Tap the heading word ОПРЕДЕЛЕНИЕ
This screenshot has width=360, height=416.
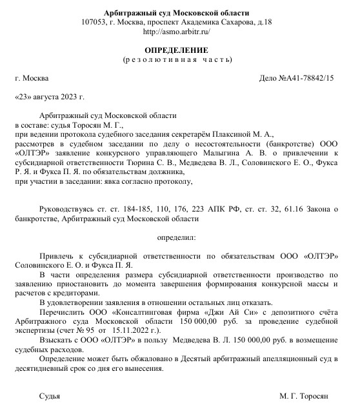coord(176,50)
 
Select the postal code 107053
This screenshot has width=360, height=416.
coord(95,22)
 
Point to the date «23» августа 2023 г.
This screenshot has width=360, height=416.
coord(50,97)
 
